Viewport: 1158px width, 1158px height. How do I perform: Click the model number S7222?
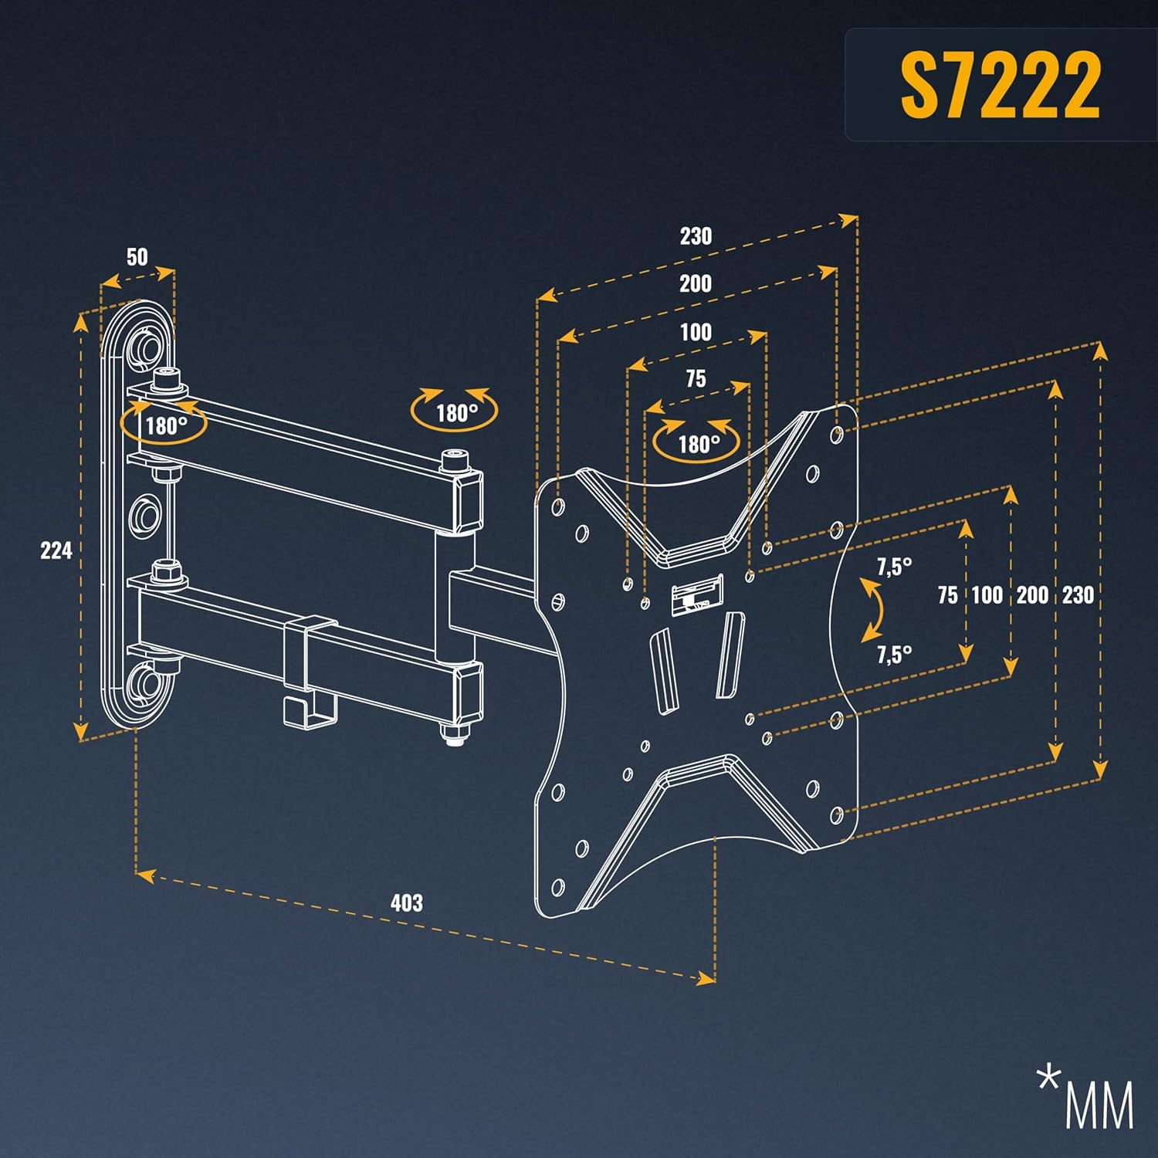[x=1000, y=85]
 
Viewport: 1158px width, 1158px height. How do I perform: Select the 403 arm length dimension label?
[x=406, y=902]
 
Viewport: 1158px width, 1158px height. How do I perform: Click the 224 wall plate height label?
[x=56, y=550]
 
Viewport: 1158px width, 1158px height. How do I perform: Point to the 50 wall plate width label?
[x=137, y=257]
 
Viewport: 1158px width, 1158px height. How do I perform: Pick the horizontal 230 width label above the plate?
[x=696, y=236]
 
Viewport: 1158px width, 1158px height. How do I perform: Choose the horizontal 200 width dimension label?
[x=695, y=284]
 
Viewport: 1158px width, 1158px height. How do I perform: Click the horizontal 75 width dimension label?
[x=696, y=379]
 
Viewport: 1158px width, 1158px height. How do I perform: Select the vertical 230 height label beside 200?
[x=1078, y=595]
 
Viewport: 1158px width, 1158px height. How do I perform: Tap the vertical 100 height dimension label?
[x=987, y=595]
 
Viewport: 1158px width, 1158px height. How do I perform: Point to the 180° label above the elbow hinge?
[x=456, y=413]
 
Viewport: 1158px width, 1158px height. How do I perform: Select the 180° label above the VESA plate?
[x=698, y=444]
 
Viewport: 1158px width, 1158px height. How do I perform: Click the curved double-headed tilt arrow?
[x=873, y=610]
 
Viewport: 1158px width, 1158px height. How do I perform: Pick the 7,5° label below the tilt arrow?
[x=894, y=655]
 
